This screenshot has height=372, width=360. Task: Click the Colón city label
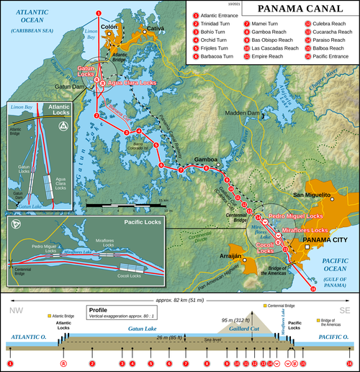pos(109,27)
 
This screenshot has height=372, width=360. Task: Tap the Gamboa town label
pos(206,158)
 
